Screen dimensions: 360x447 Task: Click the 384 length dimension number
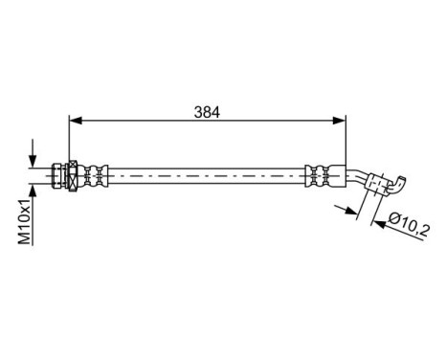click(208, 112)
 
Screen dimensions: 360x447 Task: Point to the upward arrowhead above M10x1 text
click(34, 191)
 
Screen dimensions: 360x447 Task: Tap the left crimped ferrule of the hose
click(90, 174)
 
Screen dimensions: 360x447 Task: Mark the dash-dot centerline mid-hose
click(206, 174)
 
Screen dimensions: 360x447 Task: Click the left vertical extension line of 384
click(70, 144)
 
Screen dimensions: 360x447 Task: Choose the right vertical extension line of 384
click(345, 144)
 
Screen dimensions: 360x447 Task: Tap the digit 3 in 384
click(198, 112)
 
